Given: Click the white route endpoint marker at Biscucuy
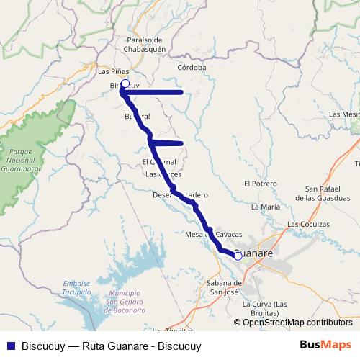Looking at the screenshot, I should [125, 84].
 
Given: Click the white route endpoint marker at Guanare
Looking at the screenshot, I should [238, 255].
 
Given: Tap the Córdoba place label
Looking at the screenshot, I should [192, 68].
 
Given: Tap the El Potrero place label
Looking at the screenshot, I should [261, 184].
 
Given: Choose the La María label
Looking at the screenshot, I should [265, 207].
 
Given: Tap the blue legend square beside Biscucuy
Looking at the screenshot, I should [9, 346].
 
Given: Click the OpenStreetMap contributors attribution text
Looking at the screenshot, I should [297, 323].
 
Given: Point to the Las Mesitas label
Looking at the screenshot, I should [343, 114].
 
